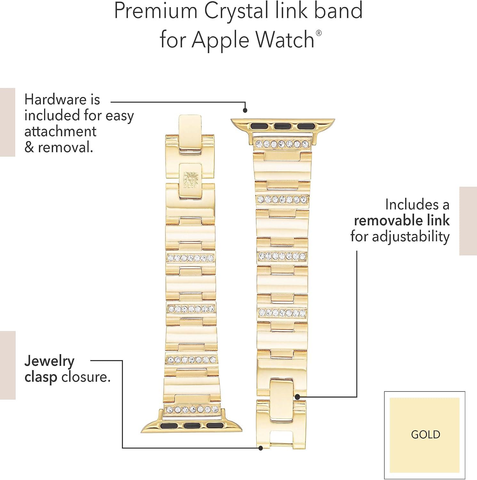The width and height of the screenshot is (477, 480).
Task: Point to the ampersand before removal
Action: click(x=29, y=148)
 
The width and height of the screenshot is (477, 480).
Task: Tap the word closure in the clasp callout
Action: click(x=86, y=377)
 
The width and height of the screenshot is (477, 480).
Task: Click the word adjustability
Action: click(x=410, y=237)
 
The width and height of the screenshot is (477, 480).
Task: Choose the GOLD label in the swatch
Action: click(x=425, y=434)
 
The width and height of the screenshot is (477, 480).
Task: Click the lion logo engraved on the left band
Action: click(x=191, y=180)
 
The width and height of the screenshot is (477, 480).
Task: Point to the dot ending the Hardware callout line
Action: click(x=245, y=110)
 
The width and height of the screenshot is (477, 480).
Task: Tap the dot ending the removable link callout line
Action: click(x=297, y=397)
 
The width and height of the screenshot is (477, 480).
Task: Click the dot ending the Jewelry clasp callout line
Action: click(x=261, y=448)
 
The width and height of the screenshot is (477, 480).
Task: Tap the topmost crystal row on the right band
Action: click(x=282, y=144)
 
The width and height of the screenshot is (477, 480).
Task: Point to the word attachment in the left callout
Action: click(x=60, y=132)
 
